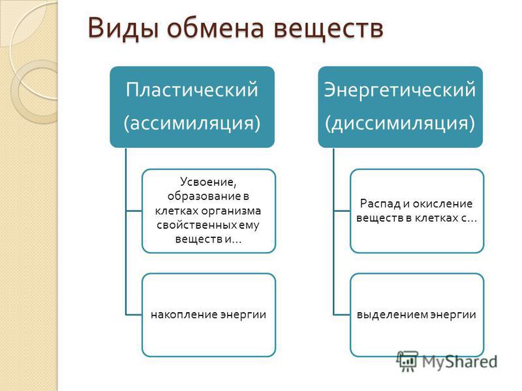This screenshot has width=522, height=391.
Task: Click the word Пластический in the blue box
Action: (192, 89)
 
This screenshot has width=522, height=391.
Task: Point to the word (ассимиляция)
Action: (192, 123)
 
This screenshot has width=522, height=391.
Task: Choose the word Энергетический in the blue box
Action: (400, 90)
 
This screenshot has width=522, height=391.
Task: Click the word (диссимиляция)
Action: (400, 123)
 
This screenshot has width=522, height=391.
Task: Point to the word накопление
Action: (181, 315)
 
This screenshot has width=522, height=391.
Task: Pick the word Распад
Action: (380, 203)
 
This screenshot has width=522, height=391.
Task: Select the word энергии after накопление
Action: (239, 315)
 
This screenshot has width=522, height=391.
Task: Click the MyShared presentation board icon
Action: (407, 361)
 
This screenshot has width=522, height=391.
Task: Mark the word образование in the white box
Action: (204, 197)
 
